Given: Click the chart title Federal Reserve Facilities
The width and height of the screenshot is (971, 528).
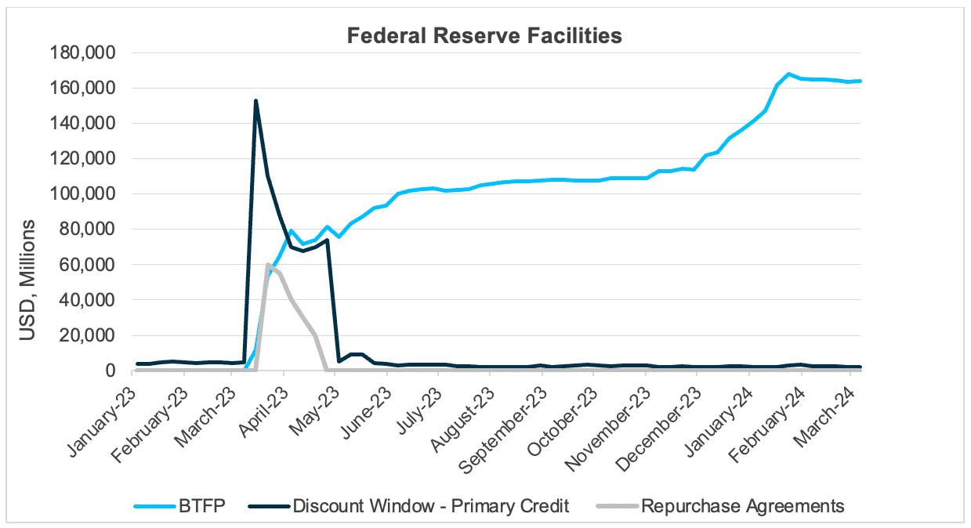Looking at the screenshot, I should point(485,36).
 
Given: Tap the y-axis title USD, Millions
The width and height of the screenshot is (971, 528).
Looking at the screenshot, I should point(28,280).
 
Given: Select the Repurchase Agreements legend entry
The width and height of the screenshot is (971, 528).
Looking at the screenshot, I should point(742,506).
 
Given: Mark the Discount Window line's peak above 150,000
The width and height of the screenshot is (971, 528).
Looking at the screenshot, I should point(255,101).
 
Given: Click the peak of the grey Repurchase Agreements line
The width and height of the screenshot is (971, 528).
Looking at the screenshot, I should point(268,265).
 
